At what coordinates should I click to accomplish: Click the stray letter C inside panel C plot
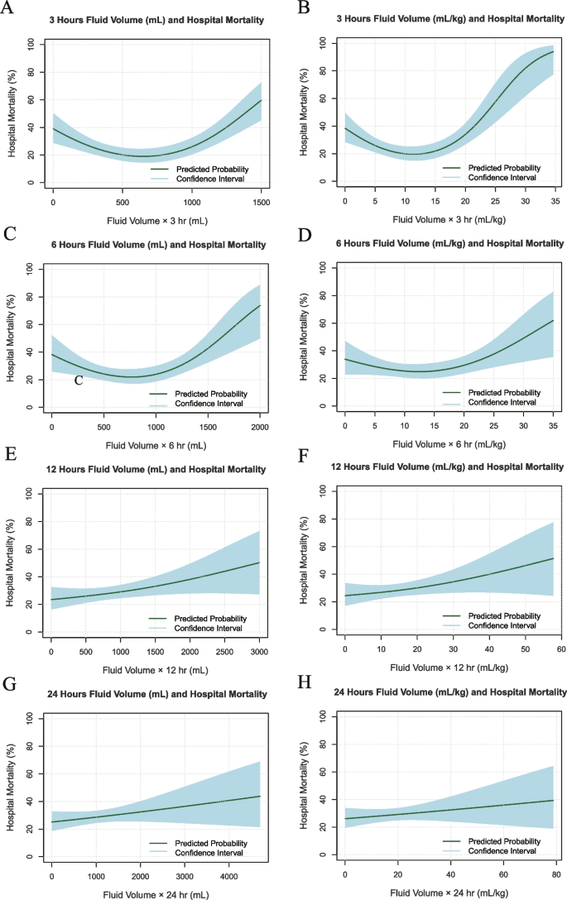coord(79,381)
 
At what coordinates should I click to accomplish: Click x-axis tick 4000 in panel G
coord(225,876)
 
